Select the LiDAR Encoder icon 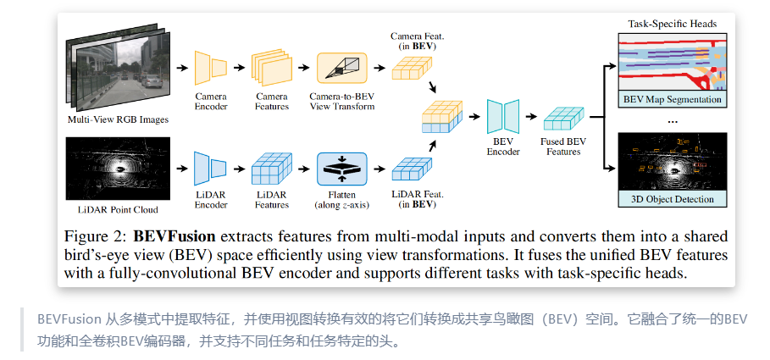click(210, 169)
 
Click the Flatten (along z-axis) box click(341, 169)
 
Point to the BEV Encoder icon click(504, 117)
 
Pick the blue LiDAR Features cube click(272, 170)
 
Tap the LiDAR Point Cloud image click(118, 169)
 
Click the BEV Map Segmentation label click(673, 99)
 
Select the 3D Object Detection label click(673, 199)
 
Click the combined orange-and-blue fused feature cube click(442, 119)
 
